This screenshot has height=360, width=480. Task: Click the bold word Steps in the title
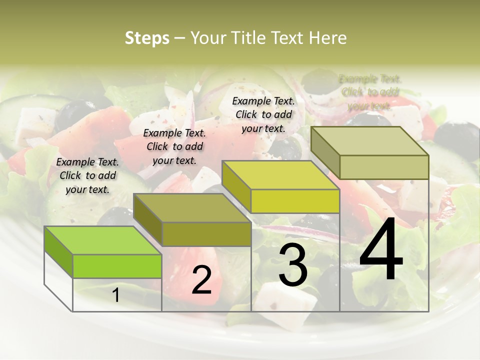(x=147, y=38)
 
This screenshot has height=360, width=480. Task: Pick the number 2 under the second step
(x=201, y=280)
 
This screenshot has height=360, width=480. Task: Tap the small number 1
(x=116, y=295)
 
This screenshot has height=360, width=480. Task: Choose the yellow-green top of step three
(x=280, y=175)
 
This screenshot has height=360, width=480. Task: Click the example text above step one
(x=88, y=175)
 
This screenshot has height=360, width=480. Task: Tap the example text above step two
(x=174, y=146)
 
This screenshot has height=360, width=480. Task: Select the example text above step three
(x=263, y=114)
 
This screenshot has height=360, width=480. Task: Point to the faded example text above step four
(x=370, y=92)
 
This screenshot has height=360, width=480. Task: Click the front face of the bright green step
(x=117, y=266)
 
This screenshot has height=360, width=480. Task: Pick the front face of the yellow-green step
(x=295, y=201)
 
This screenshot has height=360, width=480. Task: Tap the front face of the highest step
(x=384, y=167)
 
